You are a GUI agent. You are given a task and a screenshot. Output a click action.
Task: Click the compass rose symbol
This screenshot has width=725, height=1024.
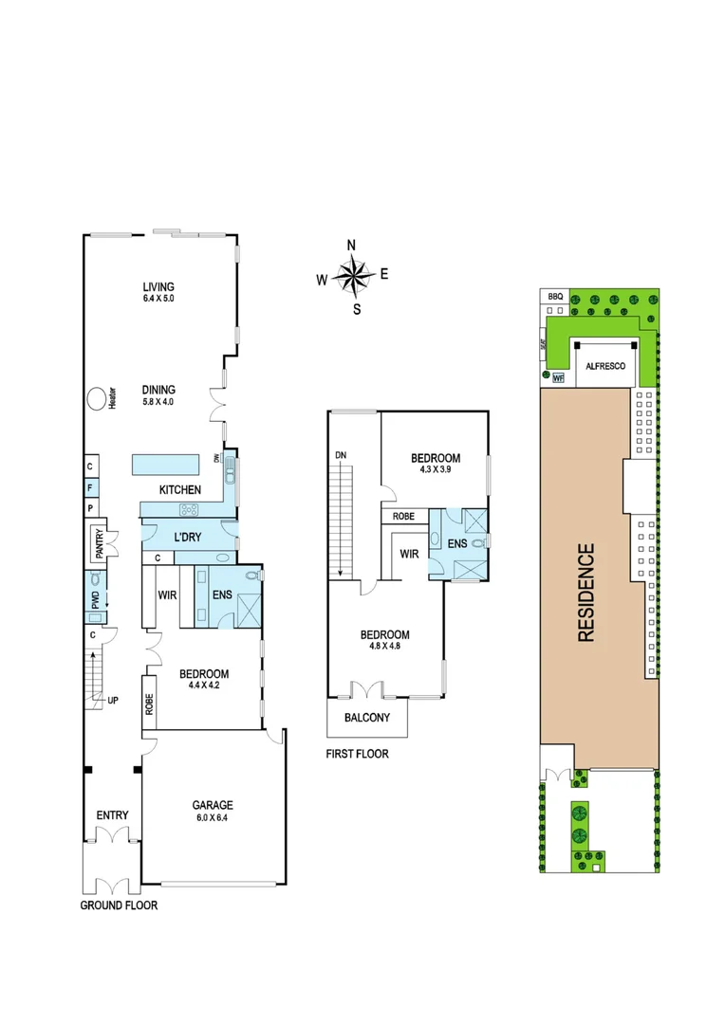point(352,277)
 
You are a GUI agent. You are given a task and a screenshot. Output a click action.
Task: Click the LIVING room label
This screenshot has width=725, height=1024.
point(159,287)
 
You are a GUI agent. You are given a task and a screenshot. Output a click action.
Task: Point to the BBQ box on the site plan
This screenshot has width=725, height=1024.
point(555,297)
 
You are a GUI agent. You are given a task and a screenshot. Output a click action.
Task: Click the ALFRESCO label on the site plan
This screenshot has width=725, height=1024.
point(604,365)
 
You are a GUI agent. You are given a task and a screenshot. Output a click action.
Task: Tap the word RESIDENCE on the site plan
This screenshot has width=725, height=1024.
point(586,593)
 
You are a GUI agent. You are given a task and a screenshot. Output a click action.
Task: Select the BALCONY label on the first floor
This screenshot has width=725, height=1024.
point(367,718)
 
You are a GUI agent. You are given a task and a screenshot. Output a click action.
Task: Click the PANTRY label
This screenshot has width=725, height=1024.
point(100,540)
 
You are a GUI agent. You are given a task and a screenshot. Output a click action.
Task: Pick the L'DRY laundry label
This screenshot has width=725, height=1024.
point(186,537)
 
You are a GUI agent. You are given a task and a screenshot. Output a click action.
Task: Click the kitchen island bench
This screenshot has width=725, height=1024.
point(166,465)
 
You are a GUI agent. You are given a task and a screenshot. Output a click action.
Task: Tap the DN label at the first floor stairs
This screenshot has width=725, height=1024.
point(340,456)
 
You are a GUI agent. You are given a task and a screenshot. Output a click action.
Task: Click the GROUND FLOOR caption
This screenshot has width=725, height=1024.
point(120,905)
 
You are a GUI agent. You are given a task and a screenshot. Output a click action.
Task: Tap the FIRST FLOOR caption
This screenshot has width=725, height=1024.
point(358,755)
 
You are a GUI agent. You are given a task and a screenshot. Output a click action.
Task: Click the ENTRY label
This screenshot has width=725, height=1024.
point(112,815)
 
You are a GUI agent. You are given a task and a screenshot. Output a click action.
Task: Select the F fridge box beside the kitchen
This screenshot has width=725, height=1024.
point(89,487)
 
